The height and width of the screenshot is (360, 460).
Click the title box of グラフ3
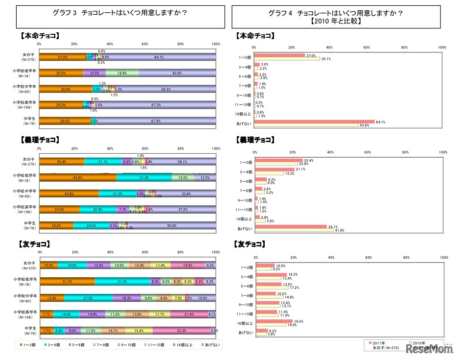tap(120, 16)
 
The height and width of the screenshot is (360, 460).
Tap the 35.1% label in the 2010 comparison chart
tap(326, 59)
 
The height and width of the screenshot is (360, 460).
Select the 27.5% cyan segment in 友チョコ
tap(88, 297)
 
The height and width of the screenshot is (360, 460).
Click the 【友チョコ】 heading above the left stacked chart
tap(35, 243)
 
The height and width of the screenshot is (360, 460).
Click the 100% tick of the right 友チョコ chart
tap(444, 257)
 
